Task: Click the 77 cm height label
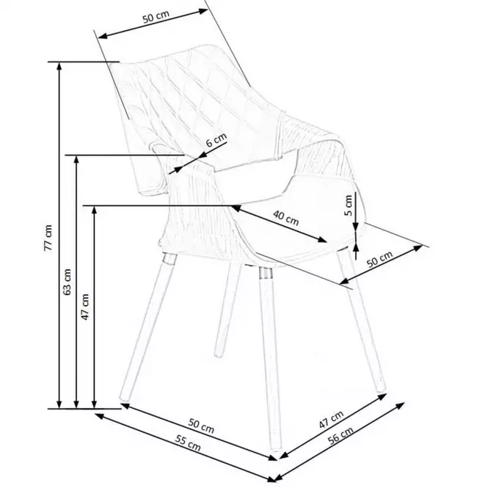(x=48, y=238)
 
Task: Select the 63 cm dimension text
(x=67, y=282)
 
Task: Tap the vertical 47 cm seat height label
(x=84, y=307)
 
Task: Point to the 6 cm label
(x=216, y=139)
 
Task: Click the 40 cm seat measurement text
(x=286, y=218)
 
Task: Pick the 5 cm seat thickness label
(x=349, y=205)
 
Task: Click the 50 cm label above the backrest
(x=156, y=17)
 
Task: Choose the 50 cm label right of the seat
(x=379, y=259)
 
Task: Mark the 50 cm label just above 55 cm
(x=201, y=426)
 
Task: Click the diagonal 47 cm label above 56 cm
(x=331, y=419)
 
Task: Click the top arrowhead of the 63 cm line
(x=76, y=159)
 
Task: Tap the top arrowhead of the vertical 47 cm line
(x=95, y=210)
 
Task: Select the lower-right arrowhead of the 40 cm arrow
(x=322, y=240)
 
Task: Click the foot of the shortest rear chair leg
(x=219, y=354)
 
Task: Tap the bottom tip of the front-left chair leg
(x=124, y=398)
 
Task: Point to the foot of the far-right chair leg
(x=381, y=389)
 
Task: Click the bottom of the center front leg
(x=276, y=448)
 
